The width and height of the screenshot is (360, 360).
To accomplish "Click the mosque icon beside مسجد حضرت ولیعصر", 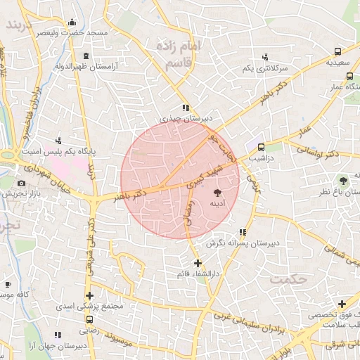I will [x=73, y=22].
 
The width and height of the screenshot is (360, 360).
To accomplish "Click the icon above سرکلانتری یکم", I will [x=264, y=57].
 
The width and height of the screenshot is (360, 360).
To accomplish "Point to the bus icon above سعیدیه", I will [x=338, y=51].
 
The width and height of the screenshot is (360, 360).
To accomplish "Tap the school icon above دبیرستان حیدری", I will [x=186, y=108].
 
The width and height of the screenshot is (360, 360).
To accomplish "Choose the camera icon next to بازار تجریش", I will [x=21, y=184].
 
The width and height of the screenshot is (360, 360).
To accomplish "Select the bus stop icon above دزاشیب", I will [x=261, y=148].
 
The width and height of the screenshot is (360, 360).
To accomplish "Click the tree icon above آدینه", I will [x=217, y=191].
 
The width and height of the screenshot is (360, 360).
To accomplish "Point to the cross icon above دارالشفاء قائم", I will [x=197, y=263].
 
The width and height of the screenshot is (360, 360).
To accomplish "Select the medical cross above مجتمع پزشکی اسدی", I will [x=89, y=295].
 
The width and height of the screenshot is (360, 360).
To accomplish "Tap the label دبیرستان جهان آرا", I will [x=60, y=347].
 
